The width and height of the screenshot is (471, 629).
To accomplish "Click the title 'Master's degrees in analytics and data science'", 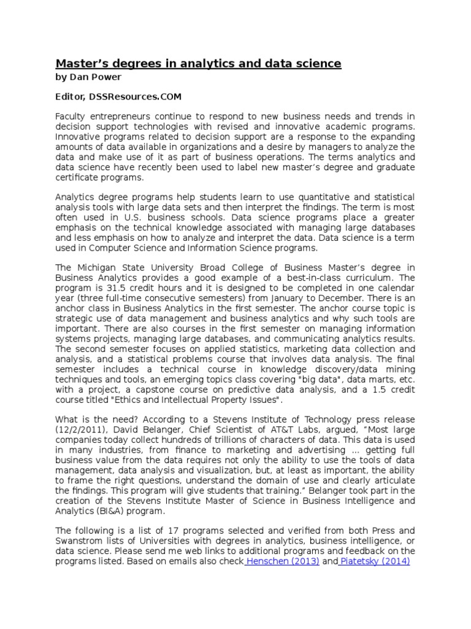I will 199,63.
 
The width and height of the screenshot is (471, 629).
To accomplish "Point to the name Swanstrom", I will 80,541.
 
